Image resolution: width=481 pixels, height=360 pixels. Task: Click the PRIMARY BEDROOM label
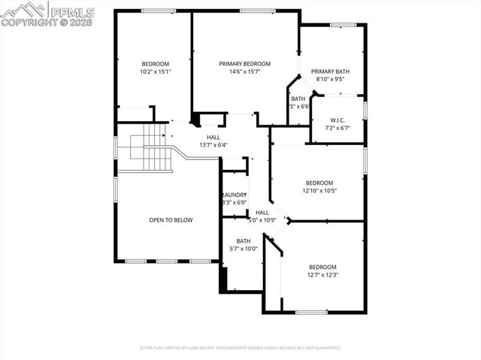(x=244, y=64)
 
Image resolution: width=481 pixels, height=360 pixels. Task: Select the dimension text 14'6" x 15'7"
(x=244, y=72)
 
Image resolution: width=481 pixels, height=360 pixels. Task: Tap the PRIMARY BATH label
(x=330, y=71)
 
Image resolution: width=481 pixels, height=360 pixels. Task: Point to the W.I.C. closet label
(x=337, y=119)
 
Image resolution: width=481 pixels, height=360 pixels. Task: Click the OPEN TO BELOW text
(x=171, y=220)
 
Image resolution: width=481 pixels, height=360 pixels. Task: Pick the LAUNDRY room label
(x=234, y=195)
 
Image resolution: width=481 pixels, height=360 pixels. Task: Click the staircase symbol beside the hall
(x=152, y=150)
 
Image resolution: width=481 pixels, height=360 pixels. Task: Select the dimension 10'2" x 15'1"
(x=156, y=72)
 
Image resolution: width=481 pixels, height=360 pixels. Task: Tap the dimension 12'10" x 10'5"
(x=320, y=191)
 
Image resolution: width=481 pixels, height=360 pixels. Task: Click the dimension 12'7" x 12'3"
(x=322, y=275)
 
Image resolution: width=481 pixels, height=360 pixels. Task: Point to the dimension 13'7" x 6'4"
(x=213, y=145)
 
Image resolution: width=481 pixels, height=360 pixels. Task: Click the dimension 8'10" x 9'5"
(x=330, y=79)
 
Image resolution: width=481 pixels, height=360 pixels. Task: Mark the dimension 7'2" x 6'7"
(x=337, y=128)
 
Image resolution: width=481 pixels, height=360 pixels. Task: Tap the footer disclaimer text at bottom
(x=240, y=348)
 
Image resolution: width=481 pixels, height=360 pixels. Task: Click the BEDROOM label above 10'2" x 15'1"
(x=156, y=64)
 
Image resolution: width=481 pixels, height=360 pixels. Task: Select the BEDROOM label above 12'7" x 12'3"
(x=322, y=267)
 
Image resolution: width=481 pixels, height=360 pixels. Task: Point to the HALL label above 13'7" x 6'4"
(x=213, y=137)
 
